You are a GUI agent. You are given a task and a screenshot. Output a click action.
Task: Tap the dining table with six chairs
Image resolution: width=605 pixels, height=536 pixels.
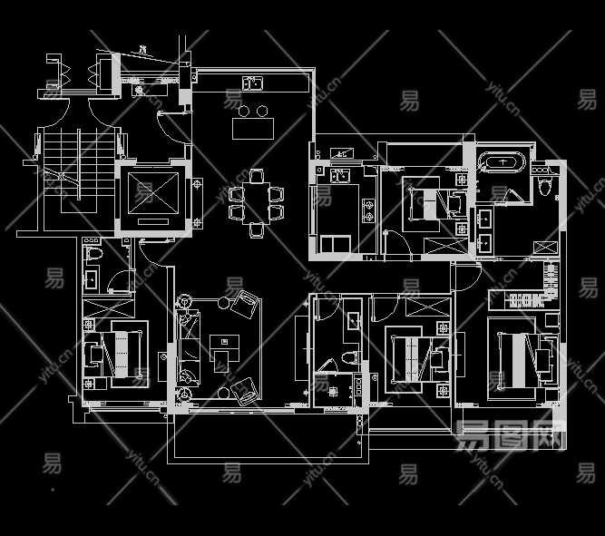click(256, 203)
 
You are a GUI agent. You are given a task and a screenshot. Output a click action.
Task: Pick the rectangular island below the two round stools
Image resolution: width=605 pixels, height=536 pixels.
click(253, 129)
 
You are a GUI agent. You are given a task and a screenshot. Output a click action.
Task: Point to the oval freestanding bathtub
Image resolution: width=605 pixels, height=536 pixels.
click(501, 164)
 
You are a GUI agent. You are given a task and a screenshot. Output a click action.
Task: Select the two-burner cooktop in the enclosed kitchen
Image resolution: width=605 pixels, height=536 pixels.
click(368, 211)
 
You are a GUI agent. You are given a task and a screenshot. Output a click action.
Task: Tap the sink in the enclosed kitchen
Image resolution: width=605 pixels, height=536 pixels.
click(340, 174)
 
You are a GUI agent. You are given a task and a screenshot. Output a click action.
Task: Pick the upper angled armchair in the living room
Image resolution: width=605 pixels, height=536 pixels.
click(244, 303)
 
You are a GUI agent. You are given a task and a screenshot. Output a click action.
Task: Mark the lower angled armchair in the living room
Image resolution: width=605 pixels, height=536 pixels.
click(243, 391)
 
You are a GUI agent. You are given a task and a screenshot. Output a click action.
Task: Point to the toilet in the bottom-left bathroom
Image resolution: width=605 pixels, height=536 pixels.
click(93, 278)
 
